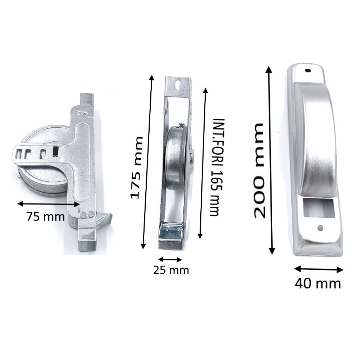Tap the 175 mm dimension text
[137, 168]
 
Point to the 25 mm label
[171, 270]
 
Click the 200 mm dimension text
[260, 170]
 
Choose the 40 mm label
[318, 283]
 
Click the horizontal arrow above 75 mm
[49, 204]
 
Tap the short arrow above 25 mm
[170, 259]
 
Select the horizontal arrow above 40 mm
[319, 269]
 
